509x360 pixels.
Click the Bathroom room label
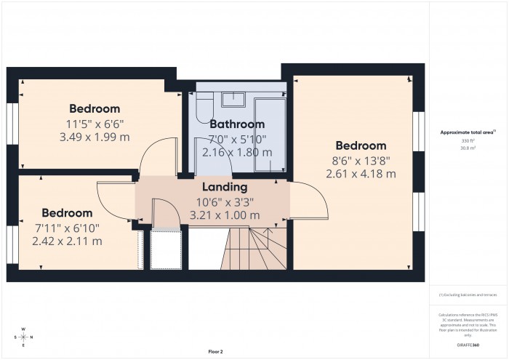[237, 124]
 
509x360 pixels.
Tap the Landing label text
[224, 188]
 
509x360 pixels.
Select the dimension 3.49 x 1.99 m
[94, 137]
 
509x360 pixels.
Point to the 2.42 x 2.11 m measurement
[67, 241]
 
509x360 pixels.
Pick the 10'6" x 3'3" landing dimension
[224, 201]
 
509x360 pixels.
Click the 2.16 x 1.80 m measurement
[237, 152]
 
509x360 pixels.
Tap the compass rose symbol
[23, 337]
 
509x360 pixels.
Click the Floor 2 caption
[216, 351]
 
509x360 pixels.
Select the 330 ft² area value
[468, 140]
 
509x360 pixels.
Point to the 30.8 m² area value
[468, 147]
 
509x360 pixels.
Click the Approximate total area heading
[468, 132]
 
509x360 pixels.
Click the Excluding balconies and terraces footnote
[468, 294]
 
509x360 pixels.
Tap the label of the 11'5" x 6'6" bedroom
[95, 110]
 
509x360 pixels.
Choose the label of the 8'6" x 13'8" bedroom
[361, 145]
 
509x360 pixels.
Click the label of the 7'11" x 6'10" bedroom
[67, 213]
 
